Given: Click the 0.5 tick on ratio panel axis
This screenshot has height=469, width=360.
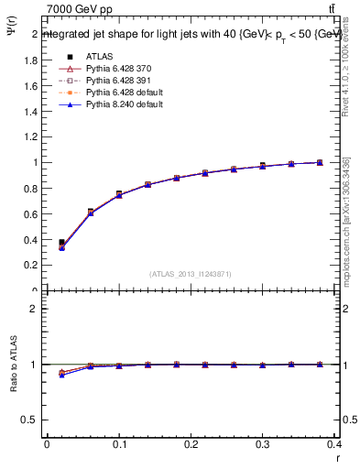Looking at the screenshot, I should pyautogui.click(x=30, y=420).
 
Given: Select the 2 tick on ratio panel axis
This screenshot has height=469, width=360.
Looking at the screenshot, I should pyautogui.click(x=35, y=309).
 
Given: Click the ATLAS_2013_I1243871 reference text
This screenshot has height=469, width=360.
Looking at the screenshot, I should pyautogui.click(x=189, y=274).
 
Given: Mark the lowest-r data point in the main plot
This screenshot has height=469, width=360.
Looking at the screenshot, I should pyautogui.click(x=61, y=244).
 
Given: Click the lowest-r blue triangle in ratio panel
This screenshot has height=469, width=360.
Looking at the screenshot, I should pyautogui.click(x=61, y=375).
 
